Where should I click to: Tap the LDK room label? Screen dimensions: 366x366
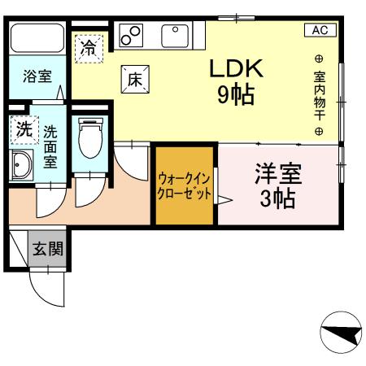click(236, 69)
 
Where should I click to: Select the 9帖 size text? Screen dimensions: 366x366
click(236, 95)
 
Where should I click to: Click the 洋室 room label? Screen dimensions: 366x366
click(277, 175)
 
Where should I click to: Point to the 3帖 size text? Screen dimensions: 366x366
click(277, 198)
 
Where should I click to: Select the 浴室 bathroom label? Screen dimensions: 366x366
click(37, 78)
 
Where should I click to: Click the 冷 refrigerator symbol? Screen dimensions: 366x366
click(89, 48)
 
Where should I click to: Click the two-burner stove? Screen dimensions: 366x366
click(132, 35)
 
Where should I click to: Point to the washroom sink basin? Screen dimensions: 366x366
click(20, 167)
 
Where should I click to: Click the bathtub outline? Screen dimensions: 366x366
click(38, 39)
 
